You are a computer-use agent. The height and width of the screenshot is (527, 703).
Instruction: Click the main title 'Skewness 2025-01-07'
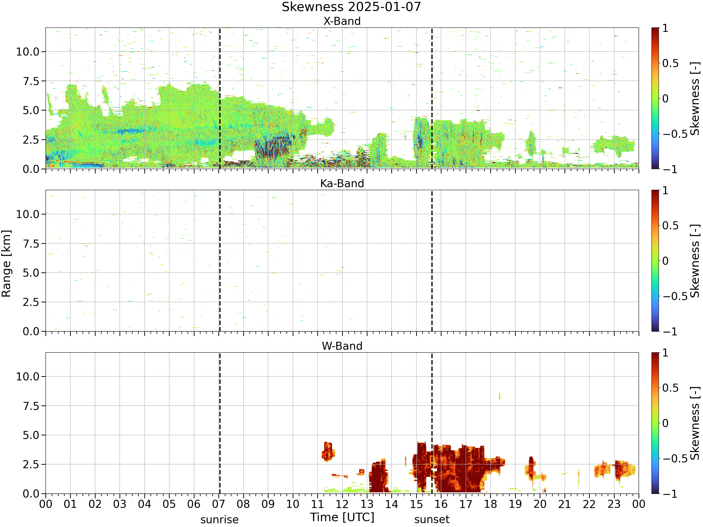click(x=351, y=7)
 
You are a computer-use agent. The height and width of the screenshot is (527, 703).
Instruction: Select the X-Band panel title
click(x=342, y=21)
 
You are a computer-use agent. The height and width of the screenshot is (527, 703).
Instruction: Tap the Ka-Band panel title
click(x=342, y=184)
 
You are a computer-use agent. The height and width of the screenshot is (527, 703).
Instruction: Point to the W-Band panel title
click(x=342, y=346)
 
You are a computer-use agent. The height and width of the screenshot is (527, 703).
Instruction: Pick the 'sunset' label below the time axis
click(x=432, y=519)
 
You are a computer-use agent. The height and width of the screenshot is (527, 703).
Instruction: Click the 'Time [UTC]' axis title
click(x=342, y=517)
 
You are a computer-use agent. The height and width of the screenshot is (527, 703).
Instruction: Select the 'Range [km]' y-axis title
click(x=6, y=264)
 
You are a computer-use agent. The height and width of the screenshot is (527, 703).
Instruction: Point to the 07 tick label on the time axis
click(x=219, y=504)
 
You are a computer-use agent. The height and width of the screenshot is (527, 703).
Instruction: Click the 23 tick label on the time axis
click(x=614, y=504)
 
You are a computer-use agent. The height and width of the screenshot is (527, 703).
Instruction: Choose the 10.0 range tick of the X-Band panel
click(x=28, y=52)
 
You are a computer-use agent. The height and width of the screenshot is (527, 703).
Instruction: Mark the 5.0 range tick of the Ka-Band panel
click(x=31, y=273)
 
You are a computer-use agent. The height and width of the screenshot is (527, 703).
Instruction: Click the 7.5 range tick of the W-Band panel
click(x=31, y=406)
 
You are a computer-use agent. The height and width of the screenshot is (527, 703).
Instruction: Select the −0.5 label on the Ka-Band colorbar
click(x=675, y=296)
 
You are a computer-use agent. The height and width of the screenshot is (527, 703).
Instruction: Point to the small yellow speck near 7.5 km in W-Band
click(x=499, y=397)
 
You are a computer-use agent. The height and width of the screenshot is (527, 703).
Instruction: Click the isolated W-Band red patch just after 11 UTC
click(x=328, y=451)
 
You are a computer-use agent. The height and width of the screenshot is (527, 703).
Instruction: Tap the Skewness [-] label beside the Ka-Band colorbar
click(x=695, y=261)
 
